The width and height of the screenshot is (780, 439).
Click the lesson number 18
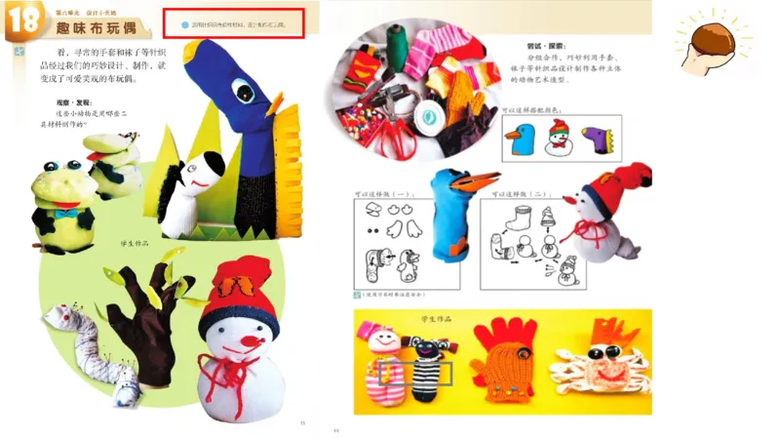[20, 22]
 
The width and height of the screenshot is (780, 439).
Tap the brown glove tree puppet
[143, 312]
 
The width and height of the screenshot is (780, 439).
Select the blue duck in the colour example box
[517, 140]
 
